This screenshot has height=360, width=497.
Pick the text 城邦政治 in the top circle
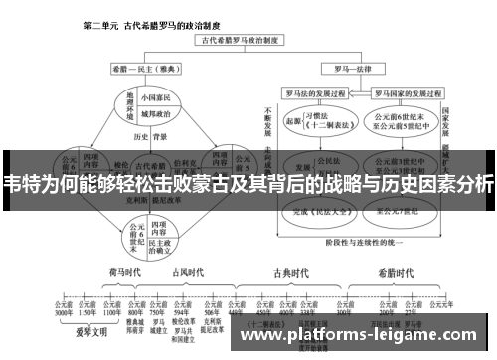click(150, 115)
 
